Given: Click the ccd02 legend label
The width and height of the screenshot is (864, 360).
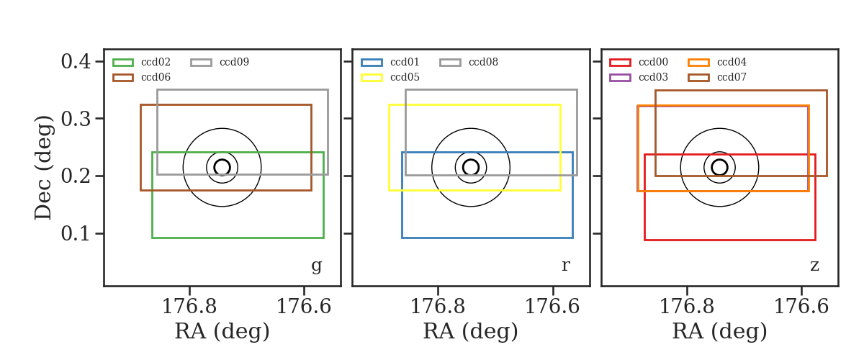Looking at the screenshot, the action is point(156,62).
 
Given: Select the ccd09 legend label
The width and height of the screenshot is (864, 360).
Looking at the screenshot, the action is point(235,62).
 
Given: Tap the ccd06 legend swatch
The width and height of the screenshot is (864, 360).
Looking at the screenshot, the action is point(123,78).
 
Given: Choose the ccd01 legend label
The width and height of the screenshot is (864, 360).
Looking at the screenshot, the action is point(405,62).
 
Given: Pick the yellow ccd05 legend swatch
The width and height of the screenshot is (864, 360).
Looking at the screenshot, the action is point(372,78).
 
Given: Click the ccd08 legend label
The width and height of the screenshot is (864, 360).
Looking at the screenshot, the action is point(483,62).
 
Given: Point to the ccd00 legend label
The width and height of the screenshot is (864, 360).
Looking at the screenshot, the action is point(654,62).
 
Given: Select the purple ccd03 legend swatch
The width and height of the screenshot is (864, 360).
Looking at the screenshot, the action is point(620,78).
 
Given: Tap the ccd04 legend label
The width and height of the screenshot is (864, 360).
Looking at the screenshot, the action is point(732,62).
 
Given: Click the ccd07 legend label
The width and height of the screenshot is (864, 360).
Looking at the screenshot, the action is point(732,77).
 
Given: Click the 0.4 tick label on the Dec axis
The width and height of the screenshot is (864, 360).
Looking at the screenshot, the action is point(76,61).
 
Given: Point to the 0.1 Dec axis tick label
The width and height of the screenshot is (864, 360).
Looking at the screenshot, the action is point(76,233).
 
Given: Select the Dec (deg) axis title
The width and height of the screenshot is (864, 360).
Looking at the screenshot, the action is point(43,168).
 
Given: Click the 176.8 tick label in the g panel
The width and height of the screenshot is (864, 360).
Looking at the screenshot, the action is point(189,307).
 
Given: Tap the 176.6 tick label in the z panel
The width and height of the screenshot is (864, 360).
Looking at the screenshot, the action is point(801,307).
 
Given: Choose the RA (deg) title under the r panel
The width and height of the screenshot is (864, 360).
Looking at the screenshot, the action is point(471,331).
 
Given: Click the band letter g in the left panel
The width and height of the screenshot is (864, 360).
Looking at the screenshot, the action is point(316,266).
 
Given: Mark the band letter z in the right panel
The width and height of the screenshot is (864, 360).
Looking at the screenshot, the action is point(814,266).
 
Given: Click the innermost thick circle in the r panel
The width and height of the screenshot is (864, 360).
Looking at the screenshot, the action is point(471,159).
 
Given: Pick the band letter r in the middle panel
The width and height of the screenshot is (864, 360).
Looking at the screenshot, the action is point(565,266).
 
